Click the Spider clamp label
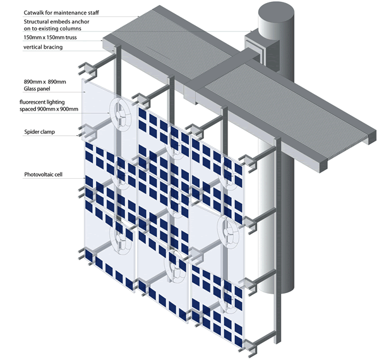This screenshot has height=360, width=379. (39, 132)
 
